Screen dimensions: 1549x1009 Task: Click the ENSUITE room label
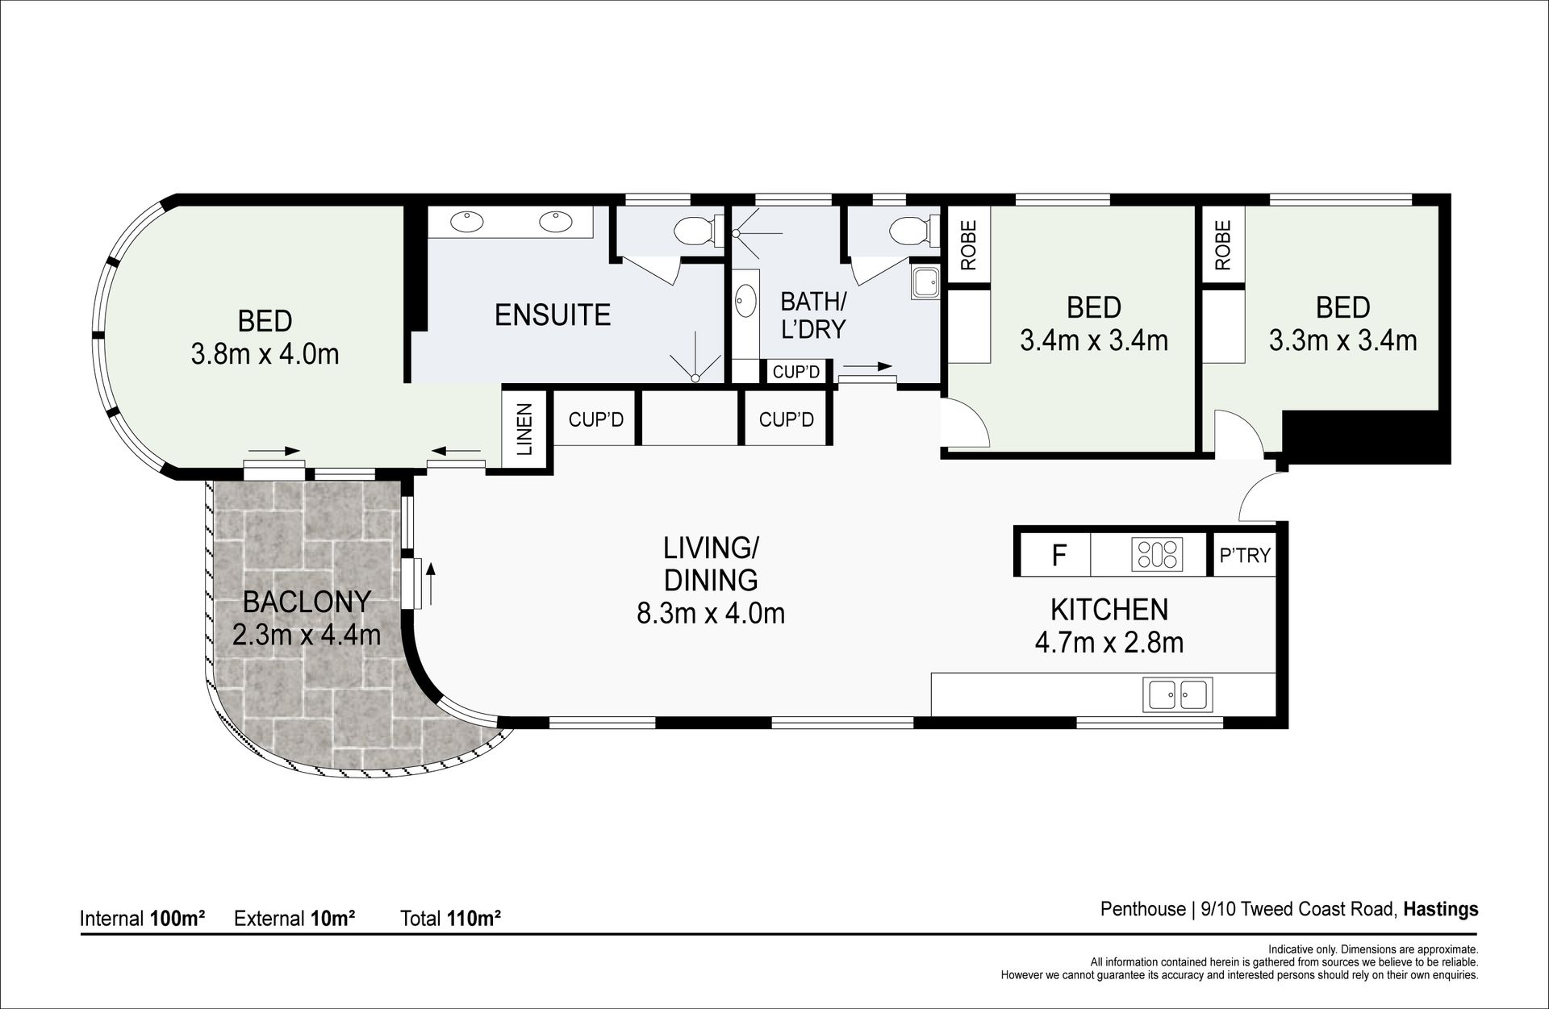(x=553, y=315)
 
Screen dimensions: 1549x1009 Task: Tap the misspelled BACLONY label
(x=307, y=602)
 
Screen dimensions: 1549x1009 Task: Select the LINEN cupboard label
(x=524, y=430)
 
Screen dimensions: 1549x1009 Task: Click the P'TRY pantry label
(x=1245, y=555)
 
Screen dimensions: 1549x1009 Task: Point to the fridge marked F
(x=1059, y=555)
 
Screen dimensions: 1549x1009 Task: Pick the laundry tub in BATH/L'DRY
(x=925, y=282)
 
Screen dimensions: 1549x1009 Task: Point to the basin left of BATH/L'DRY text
(x=744, y=301)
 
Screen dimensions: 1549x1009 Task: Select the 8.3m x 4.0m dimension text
(x=711, y=614)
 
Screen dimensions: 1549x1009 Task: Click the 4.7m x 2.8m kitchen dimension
(x=1109, y=643)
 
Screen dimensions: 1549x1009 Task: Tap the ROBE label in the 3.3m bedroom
(x=1223, y=245)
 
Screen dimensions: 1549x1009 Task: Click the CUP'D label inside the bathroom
(x=796, y=372)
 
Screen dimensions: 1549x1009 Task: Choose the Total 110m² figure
(x=451, y=918)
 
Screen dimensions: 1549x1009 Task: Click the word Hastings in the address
(x=1441, y=909)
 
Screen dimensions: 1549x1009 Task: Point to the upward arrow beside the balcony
(x=431, y=584)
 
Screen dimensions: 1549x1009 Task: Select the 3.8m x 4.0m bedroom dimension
(x=265, y=354)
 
